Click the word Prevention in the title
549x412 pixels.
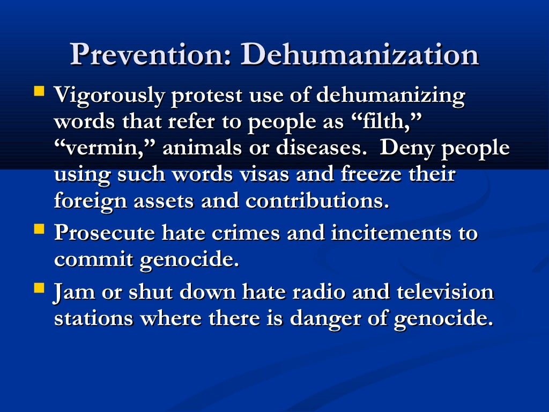pos(150,55)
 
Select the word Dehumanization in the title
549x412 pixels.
pos(359,55)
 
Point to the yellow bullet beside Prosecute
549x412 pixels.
pos(39,229)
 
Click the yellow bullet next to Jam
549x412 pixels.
pos(39,288)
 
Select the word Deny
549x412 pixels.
pos(406,149)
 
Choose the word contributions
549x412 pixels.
pos(317,201)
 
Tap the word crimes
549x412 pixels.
pos(245,234)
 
